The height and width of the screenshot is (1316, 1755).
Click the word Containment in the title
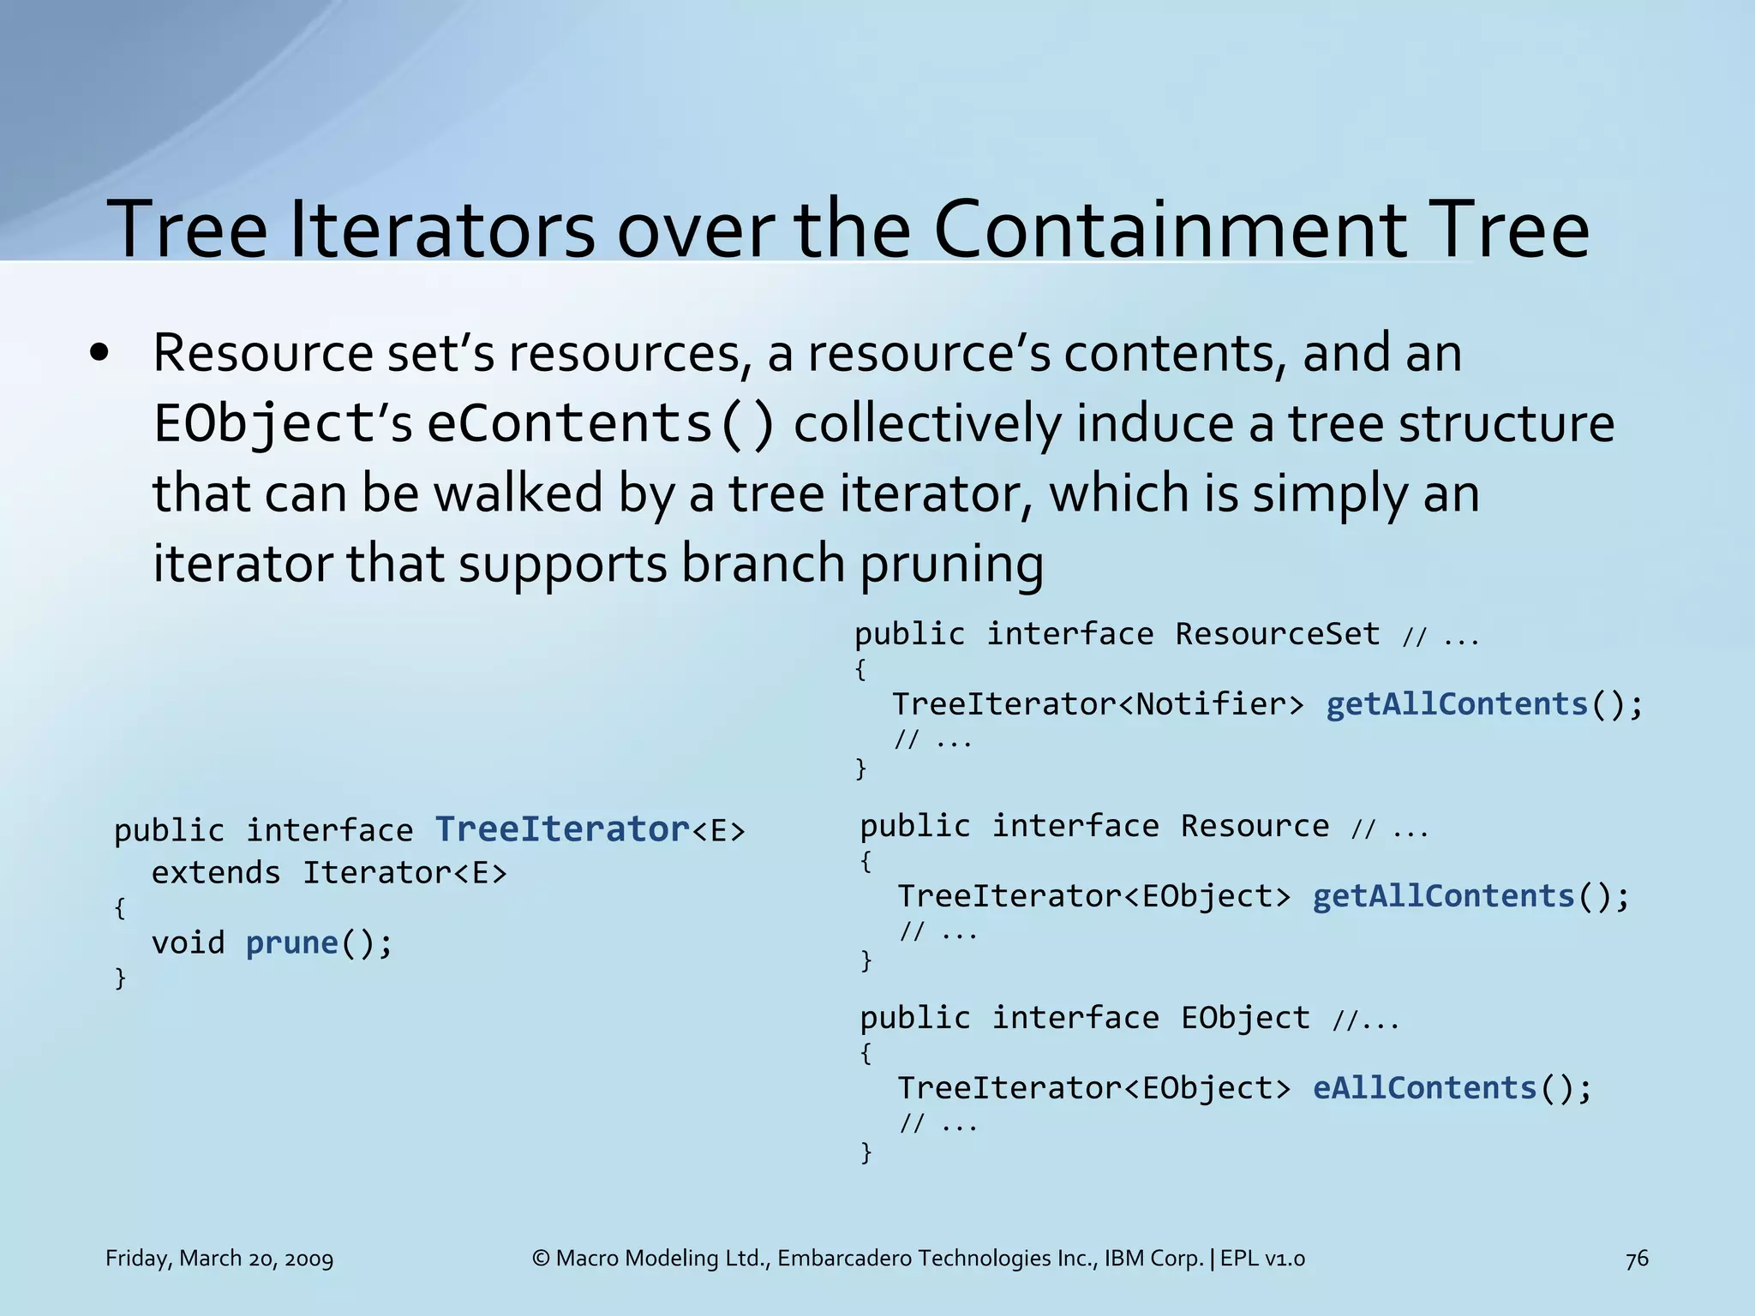1170,230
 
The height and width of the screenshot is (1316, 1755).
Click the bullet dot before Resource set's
100,354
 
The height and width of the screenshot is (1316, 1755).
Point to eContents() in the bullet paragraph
602,424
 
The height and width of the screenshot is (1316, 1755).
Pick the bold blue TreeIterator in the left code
562,829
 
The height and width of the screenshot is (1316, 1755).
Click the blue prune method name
292,942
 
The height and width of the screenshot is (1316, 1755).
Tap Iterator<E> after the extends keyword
404,872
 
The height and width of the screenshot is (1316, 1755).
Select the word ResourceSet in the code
1277,634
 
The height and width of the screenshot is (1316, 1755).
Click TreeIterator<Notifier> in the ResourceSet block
1098,704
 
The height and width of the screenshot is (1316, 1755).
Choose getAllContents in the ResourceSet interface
1457,704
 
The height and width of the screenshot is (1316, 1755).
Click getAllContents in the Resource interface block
1444,896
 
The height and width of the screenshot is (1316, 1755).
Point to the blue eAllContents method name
1425,1088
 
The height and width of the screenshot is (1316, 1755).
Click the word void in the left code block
188,942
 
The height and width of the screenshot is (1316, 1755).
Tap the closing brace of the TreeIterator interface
120,978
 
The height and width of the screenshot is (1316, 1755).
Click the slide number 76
1637,1259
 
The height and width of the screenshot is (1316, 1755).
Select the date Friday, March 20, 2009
219,1259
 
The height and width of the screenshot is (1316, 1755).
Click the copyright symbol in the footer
541,1259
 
